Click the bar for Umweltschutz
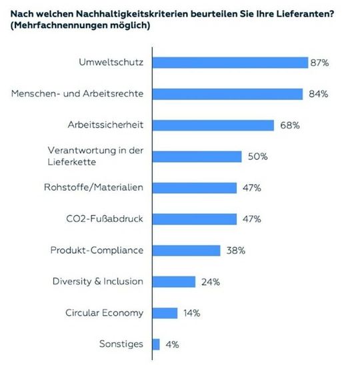(x=230, y=63)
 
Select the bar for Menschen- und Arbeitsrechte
(x=228, y=94)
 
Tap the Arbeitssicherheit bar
(x=214, y=125)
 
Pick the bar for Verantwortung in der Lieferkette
(x=197, y=157)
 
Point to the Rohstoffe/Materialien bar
(x=195, y=188)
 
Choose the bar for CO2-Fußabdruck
(x=195, y=219)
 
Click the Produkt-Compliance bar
(x=187, y=250)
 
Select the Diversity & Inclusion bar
(x=174, y=282)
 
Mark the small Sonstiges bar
(x=157, y=344)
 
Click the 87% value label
(x=319, y=63)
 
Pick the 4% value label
(x=172, y=344)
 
